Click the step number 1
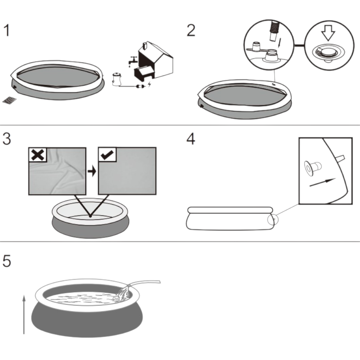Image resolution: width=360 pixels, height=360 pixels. point(7,31)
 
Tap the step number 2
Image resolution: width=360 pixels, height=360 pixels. point(191,31)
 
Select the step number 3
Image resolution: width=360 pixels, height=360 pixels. point(7,139)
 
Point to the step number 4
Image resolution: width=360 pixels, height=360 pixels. point(191,139)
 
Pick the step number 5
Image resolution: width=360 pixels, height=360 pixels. point(7,261)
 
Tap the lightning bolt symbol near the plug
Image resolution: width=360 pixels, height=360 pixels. point(149,86)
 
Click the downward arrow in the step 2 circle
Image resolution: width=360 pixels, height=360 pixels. point(328,35)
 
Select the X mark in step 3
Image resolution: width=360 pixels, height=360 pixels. point(38,155)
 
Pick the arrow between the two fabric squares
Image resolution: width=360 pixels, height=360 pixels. point(92,171)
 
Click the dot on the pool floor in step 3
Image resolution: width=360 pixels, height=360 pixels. point(90,216)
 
